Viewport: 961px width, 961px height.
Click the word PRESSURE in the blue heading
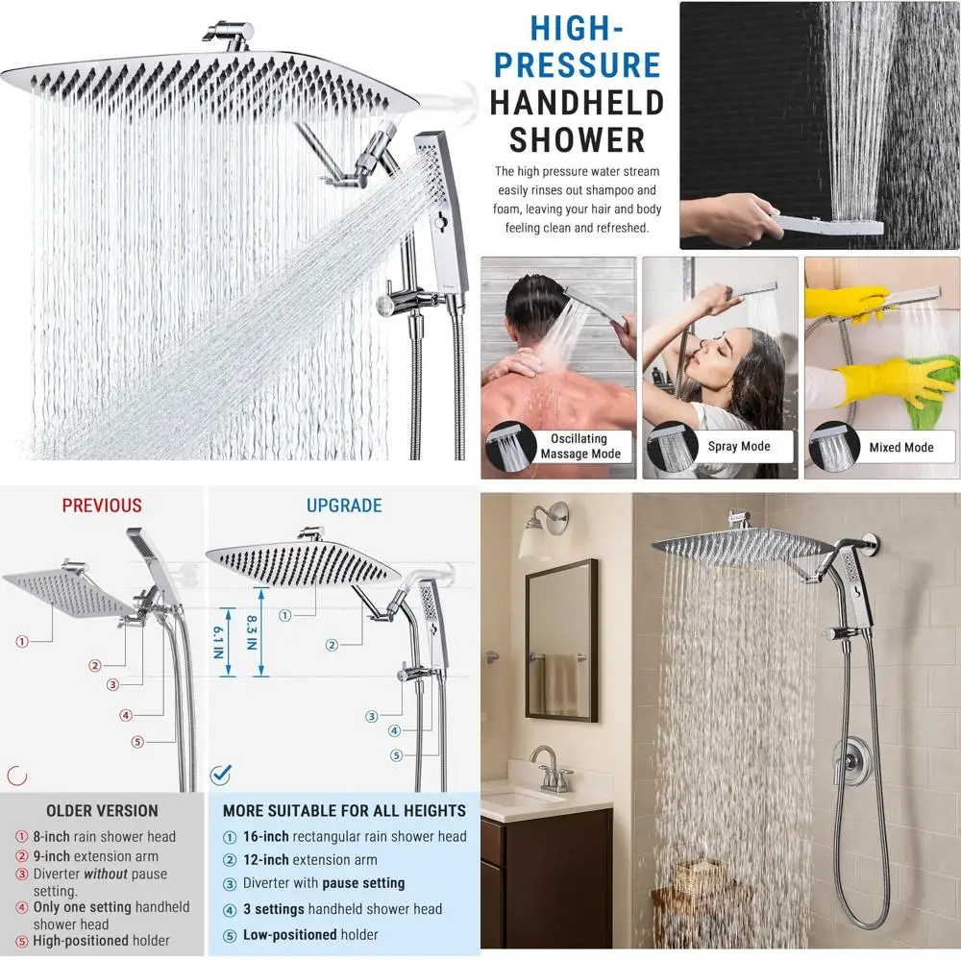click(x=577, y=65)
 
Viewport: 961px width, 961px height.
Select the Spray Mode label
click(x=739, y=446)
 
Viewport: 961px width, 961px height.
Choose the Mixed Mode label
click(x=900, y=447)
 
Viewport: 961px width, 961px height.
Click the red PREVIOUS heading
click(x=102, y=505)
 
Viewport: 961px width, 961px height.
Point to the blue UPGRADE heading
click(x=344, y=505)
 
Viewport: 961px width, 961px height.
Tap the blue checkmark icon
click(x=221, y=773)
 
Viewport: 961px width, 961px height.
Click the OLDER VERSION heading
click(x=102, y=811)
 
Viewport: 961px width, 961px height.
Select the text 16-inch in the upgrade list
click(x=265, y=837)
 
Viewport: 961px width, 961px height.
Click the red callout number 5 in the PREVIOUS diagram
click(x=138, y=742)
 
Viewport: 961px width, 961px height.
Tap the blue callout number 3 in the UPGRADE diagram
click(x=372, y=715)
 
